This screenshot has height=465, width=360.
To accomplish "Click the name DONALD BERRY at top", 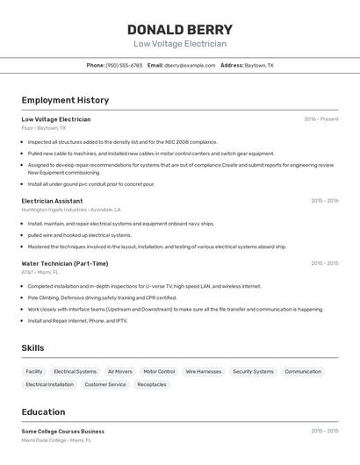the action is pos(180,30).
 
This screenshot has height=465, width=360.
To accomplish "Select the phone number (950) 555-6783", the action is pos(124,65).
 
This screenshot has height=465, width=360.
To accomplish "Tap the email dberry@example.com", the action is pos(190,65).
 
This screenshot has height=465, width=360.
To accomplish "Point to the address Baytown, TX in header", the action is pos(258,65).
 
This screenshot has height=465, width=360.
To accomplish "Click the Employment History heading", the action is pos(65,100).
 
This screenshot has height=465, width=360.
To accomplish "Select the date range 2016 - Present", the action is pos(320,119).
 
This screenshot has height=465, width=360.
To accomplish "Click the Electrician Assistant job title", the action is pos(52,201).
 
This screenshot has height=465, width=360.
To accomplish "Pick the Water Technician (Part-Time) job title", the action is pos(65,263).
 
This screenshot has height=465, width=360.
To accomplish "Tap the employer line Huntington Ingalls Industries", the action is pos(71,210).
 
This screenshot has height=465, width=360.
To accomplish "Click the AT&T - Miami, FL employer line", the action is pos(40,272).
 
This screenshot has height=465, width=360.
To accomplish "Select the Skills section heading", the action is pos(32,348).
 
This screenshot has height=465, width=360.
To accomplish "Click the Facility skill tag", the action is pos(34,371).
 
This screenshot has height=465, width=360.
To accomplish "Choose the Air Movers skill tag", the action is pos(119,371).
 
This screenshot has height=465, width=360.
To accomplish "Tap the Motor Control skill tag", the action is pos(159,371).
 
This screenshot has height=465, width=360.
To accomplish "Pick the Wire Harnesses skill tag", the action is pos(204,371).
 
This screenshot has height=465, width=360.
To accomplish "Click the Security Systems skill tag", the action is pos(253,371).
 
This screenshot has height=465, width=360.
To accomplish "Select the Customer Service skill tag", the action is pos(105,384).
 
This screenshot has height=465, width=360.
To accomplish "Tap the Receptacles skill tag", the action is pos(152,384).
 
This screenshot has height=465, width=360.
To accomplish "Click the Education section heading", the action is pos(43,411).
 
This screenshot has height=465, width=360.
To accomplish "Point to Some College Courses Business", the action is pos(62,431).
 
